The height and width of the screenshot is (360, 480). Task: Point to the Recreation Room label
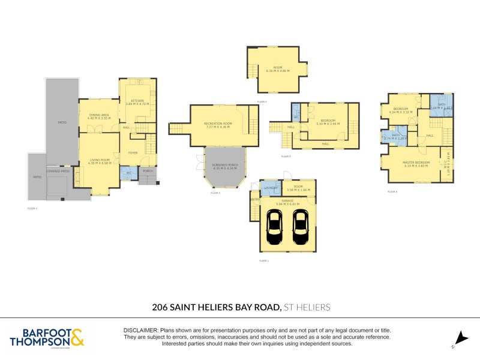(217, 125)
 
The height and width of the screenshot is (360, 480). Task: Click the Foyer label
(133, 153)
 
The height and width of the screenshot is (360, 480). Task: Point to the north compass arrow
(460, 338)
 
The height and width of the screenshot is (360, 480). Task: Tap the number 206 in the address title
(160, 307)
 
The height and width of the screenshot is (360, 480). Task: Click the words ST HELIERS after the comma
(307, 307)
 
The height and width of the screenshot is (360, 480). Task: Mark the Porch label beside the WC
(148, 171)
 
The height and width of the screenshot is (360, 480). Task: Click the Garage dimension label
(287, 202)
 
